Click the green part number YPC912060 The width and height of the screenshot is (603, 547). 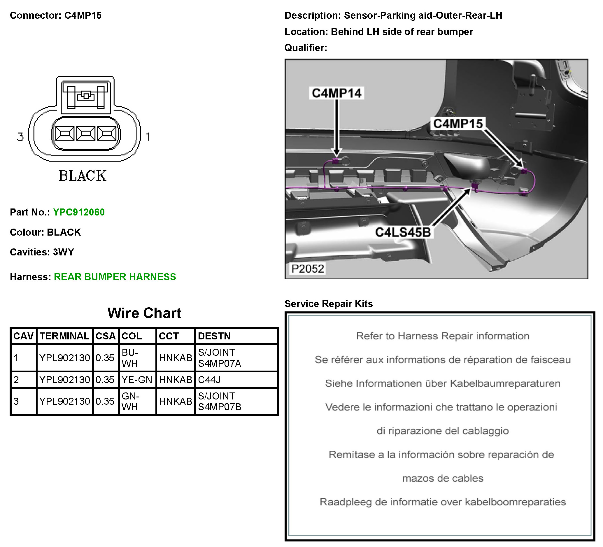tap(79, 212)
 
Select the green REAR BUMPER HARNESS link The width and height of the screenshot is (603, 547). tap(115, 277)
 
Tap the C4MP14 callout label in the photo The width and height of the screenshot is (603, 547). tap(336, 93)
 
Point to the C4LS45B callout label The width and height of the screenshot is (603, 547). tap(403, 232)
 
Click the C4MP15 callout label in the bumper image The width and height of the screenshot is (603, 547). tap(458, 124)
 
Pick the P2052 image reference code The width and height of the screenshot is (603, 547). tap(308, 269)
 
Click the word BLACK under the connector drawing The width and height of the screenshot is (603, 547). tap(83, 176)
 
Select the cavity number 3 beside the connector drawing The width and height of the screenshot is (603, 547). tap(20, 137)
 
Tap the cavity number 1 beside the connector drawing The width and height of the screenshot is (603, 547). tap(148, 137)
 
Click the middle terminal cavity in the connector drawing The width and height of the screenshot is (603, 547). tap(86, 133)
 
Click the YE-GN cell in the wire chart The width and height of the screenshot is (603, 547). tap(137, 380)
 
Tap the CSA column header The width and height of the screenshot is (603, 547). tap(106, 336)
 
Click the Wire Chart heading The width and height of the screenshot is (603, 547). tap(144, 313)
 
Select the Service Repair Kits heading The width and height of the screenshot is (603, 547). tap(328, 304)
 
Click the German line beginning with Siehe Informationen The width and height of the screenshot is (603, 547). tap(442, 383)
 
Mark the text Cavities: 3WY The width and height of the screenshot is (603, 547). tap(42, 252)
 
